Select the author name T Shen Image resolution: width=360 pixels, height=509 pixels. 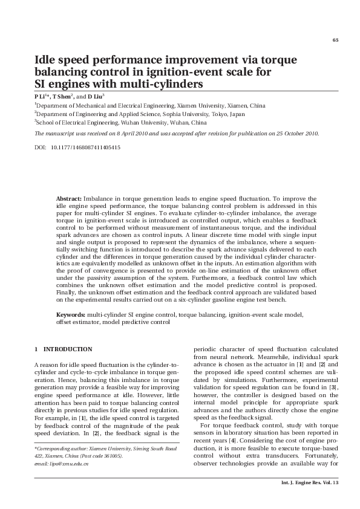click(x=62, y=96)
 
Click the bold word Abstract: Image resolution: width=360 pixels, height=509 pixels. click(x=69, y=198)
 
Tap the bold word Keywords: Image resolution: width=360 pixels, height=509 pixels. click(x=71, y=315)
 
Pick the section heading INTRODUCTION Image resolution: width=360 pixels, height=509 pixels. click(x=68, y=349)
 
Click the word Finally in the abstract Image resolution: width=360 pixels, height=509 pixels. click(x=67, y=292)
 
